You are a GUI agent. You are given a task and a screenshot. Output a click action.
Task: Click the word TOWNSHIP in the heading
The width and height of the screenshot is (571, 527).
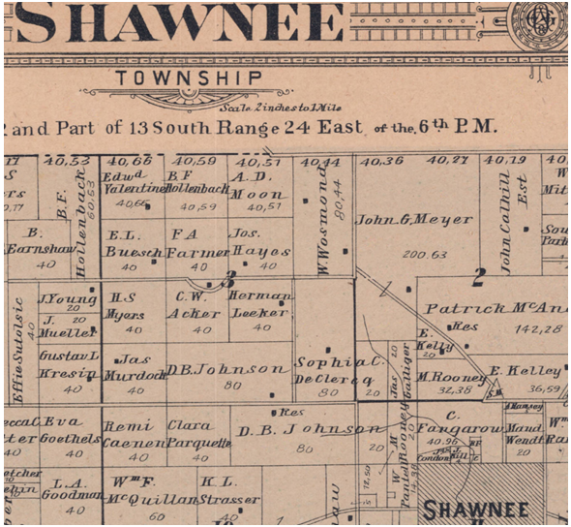pos(188,77)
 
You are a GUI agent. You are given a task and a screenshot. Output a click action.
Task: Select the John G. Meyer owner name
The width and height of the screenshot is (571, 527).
pos(414,220)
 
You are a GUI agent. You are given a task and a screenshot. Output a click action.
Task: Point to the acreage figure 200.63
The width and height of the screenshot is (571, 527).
pos(415,254)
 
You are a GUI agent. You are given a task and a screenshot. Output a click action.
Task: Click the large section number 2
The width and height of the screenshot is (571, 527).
pos(477,280)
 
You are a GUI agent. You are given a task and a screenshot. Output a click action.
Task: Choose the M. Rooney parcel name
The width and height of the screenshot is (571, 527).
pos(451,377)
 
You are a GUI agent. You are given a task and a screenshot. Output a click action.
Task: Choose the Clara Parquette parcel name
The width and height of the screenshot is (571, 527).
pos(199,433)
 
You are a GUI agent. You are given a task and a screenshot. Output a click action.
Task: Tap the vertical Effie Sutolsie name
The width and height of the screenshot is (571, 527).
pos(15,343)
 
